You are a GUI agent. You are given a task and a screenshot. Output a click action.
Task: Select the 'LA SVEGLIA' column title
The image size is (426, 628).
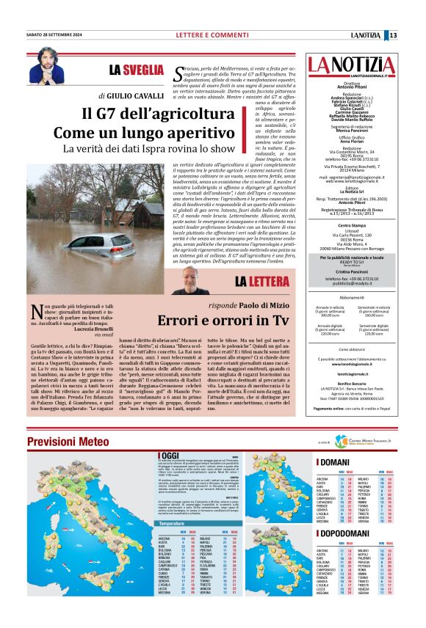click(x=137, y=70)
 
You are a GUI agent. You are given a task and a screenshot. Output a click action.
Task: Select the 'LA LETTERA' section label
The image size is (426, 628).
click(x=261, y=282)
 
